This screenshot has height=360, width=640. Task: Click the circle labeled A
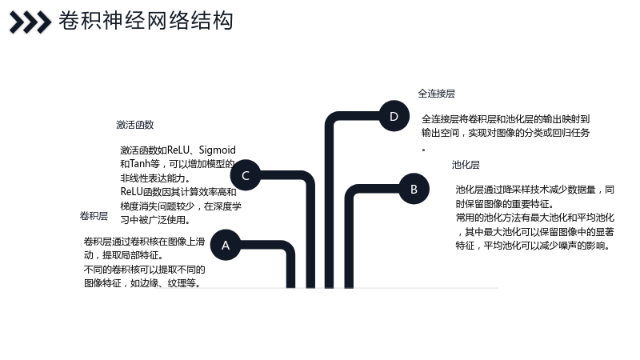tap(226, 245)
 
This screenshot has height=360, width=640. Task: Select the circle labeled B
tap(414, 189)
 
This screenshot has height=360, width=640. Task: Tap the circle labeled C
tap(246, 175)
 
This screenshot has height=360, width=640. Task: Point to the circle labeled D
tap(394, 116)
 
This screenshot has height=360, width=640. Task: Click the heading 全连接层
tap(436, 94)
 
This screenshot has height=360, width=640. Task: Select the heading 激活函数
tap(134, 125)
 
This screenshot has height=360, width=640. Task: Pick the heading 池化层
tap(466, 165)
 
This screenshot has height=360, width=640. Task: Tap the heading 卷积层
tap(94, 216)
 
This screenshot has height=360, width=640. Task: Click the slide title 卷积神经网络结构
tap(146, 21)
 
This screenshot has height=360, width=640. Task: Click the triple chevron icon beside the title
tap(30, 22)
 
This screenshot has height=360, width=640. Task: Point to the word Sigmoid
tap(217, 150)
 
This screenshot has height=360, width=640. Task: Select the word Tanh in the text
tap(139, 164)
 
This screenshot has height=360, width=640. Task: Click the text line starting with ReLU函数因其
tap(178, 191)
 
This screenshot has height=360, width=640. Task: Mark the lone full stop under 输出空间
tap(424, 150)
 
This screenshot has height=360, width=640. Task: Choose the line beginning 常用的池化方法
tap(534, 218)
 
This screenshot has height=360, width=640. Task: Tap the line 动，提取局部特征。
tap(124, 255)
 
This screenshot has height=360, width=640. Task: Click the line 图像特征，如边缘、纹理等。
tap(142, 283)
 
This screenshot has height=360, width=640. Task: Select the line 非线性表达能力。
tap(155, 178)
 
